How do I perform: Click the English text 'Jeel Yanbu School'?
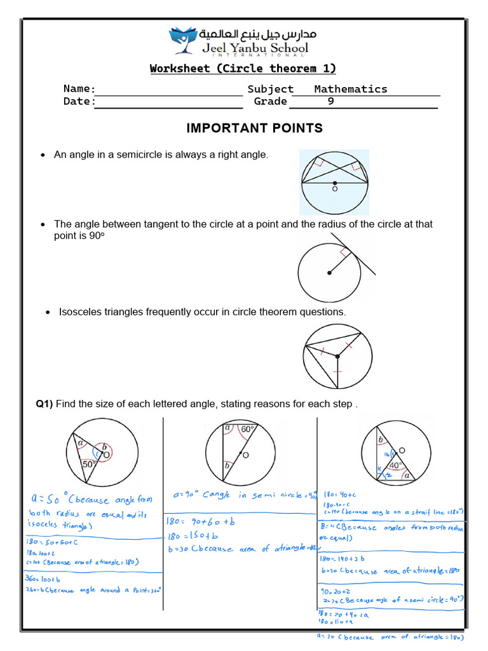tap(255, 48)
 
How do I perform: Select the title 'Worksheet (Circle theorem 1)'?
tap(243, 69)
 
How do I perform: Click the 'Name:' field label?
tap(79, 89)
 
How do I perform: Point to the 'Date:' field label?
tap(79, 101)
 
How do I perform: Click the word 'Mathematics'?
tap(350, 89)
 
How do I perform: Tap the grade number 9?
tap(330, 101)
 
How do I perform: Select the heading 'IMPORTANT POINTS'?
tap(254, 128)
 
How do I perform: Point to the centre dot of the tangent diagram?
tap(329, 273)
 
